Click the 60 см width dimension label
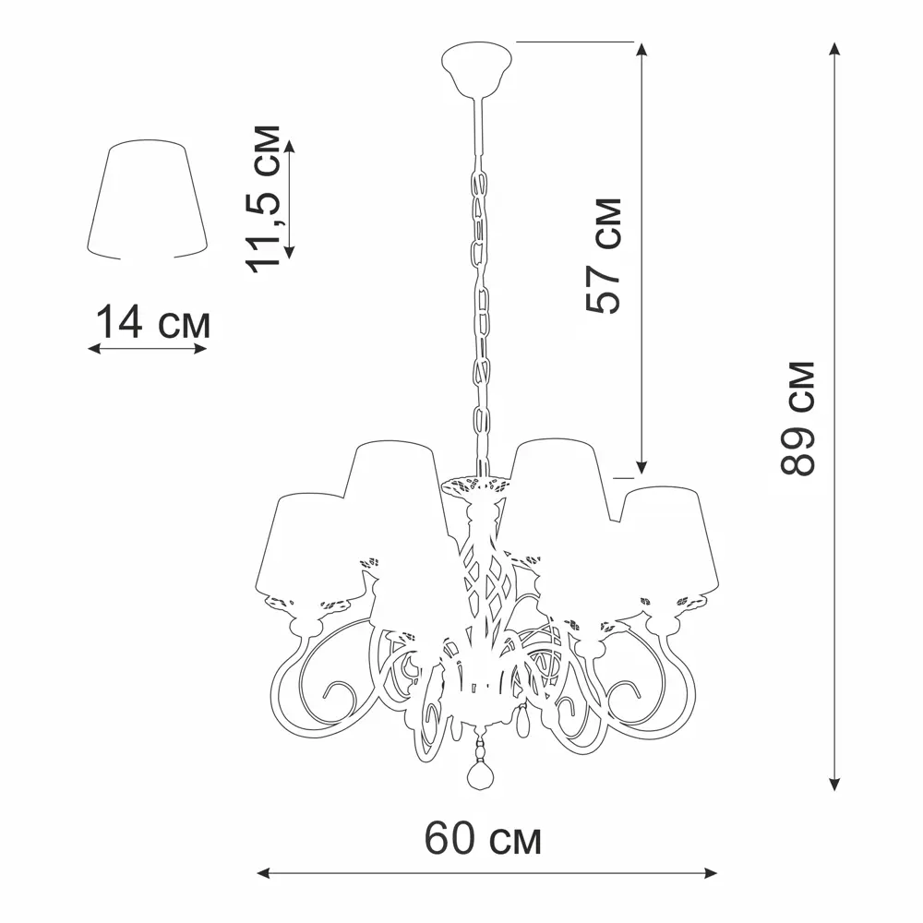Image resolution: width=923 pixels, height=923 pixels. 483,838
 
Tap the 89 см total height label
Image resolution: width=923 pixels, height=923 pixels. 797,418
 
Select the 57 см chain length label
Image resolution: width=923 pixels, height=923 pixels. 604,256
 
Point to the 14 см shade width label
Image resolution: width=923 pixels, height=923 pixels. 152,322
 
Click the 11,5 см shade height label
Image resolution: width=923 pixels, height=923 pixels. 263,199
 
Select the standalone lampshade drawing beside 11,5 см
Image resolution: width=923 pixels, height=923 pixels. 147,199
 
